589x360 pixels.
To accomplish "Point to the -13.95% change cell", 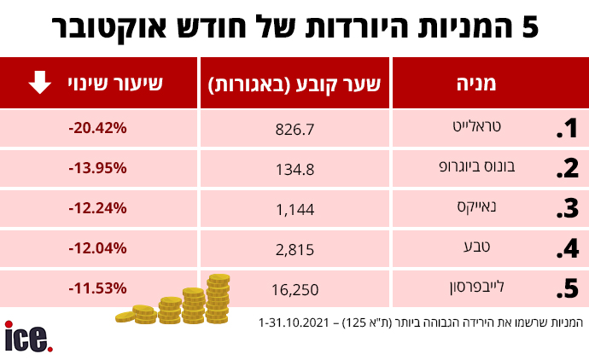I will point(97,168).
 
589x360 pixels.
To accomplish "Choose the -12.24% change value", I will point(97,208).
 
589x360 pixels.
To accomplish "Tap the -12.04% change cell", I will point(97,248).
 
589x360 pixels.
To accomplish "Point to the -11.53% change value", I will point(97,288).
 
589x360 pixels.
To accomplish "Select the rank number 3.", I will point(566,209).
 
